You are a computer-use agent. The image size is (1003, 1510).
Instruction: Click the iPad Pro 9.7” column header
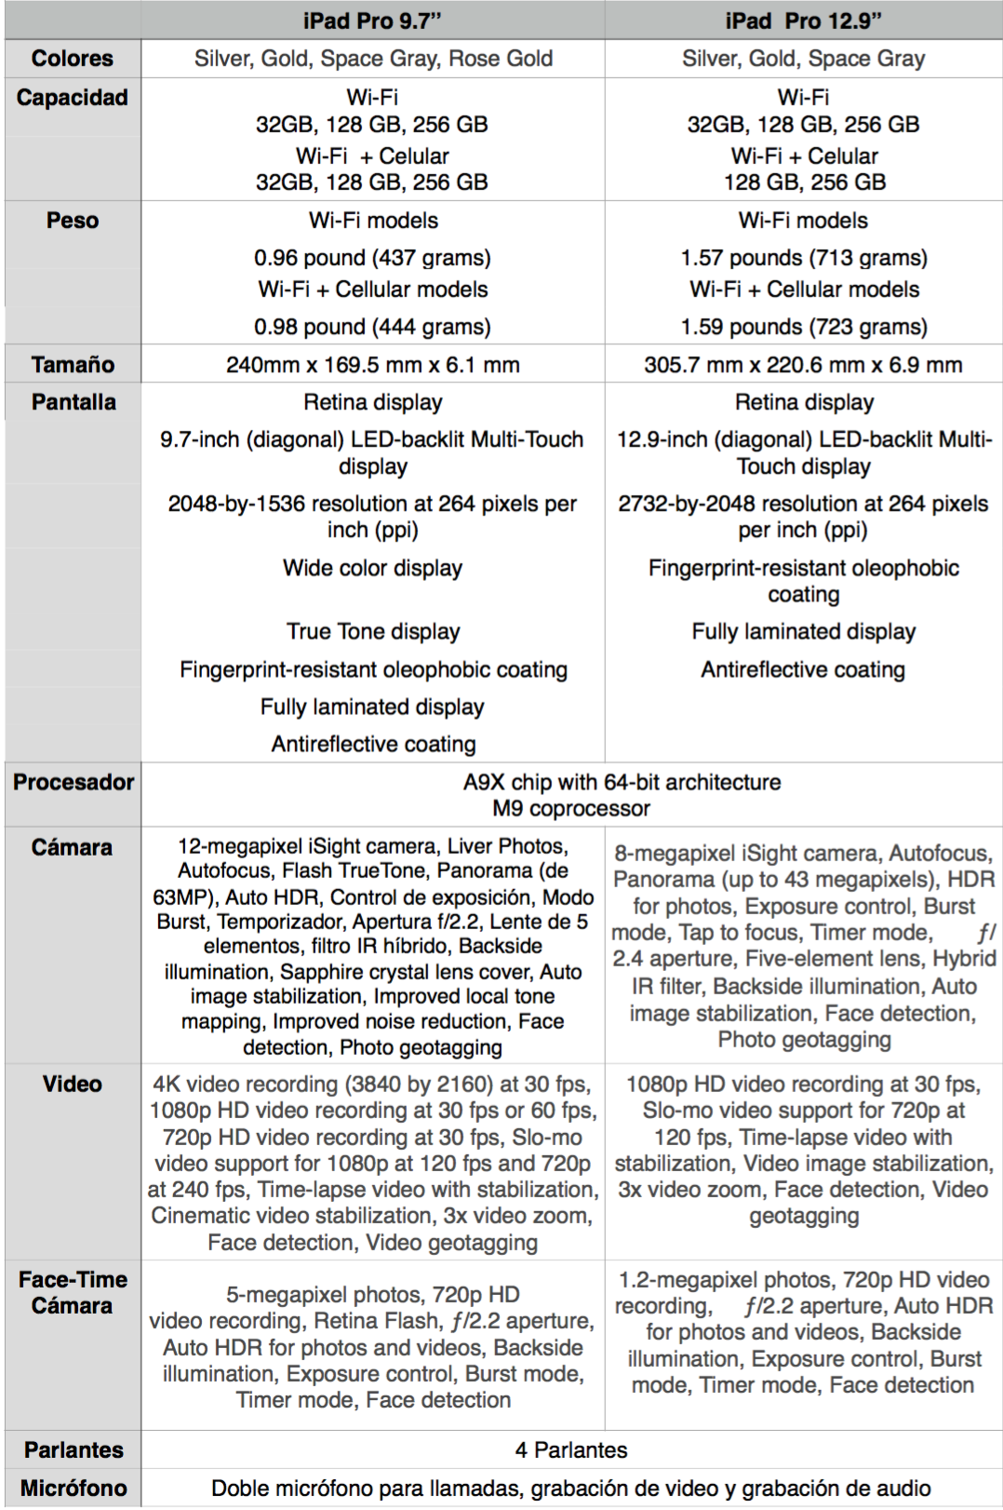click(372, 20)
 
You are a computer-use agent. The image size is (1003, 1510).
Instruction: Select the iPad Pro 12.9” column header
click(803, 20)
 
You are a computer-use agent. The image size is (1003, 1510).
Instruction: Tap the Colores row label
click(73, 59)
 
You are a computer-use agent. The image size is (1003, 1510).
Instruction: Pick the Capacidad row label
click(73, 98)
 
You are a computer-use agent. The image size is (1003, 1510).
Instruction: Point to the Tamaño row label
click(73, 365)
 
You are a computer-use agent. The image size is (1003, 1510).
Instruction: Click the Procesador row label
click(74, 782)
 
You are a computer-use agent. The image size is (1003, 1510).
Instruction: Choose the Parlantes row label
click(74, 1449)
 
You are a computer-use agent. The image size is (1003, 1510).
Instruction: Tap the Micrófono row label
click(74, 1488)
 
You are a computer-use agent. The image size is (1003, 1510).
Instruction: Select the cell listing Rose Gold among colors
click(373, 59)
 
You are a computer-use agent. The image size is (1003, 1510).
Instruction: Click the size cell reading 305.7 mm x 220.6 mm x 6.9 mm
click(803, 365)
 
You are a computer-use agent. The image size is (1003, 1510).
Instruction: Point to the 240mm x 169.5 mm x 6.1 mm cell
click(372, 365)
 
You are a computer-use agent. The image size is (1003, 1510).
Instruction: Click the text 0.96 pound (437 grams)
click(372, 258)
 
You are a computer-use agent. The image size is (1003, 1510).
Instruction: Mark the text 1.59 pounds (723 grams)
click(804, 327)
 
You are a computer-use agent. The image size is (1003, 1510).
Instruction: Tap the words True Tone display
click(373, 631)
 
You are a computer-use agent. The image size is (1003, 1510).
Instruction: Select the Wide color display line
click(372, 568)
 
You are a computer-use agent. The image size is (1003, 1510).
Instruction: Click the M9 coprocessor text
click(571, 808)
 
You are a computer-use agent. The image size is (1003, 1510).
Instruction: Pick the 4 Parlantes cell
click(571, 1449)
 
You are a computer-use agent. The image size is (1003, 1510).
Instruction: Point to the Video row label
click(73, 1084)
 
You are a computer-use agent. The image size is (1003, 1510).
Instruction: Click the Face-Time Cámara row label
click(73, 1292)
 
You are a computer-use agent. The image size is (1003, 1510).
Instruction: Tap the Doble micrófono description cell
click(571, 1488)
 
